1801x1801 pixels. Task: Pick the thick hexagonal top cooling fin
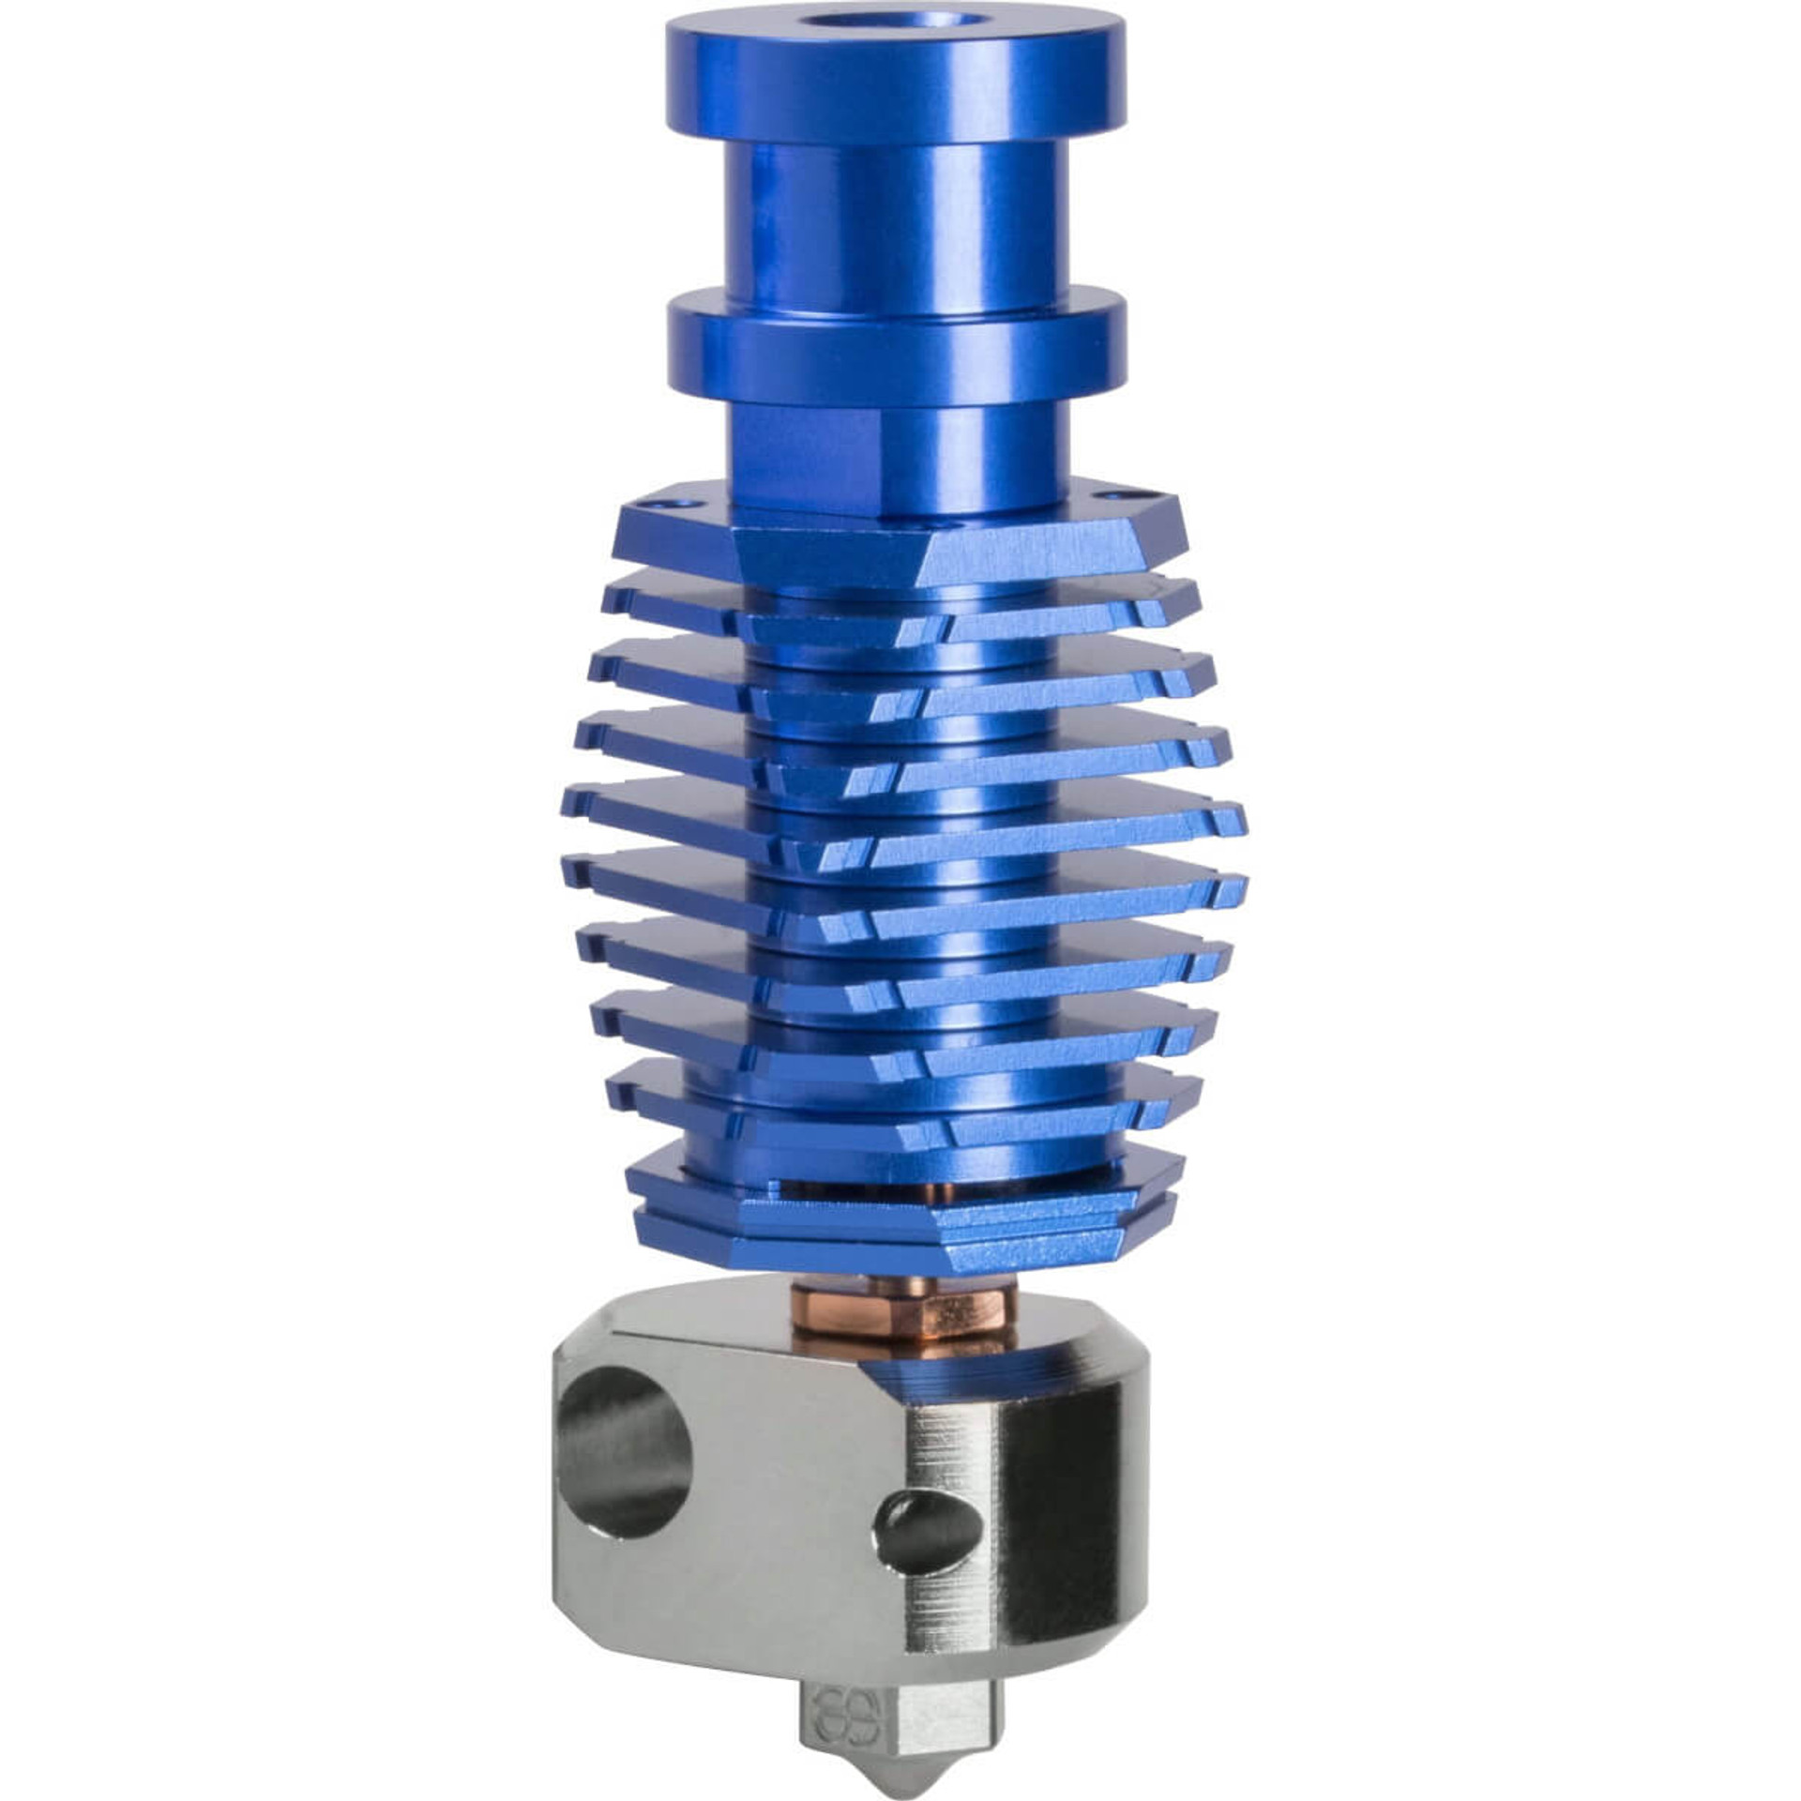point(900,549)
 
